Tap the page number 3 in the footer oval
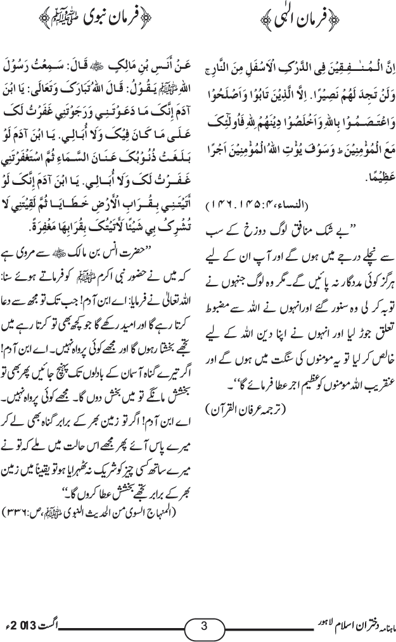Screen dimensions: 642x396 [x=204, y=626]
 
